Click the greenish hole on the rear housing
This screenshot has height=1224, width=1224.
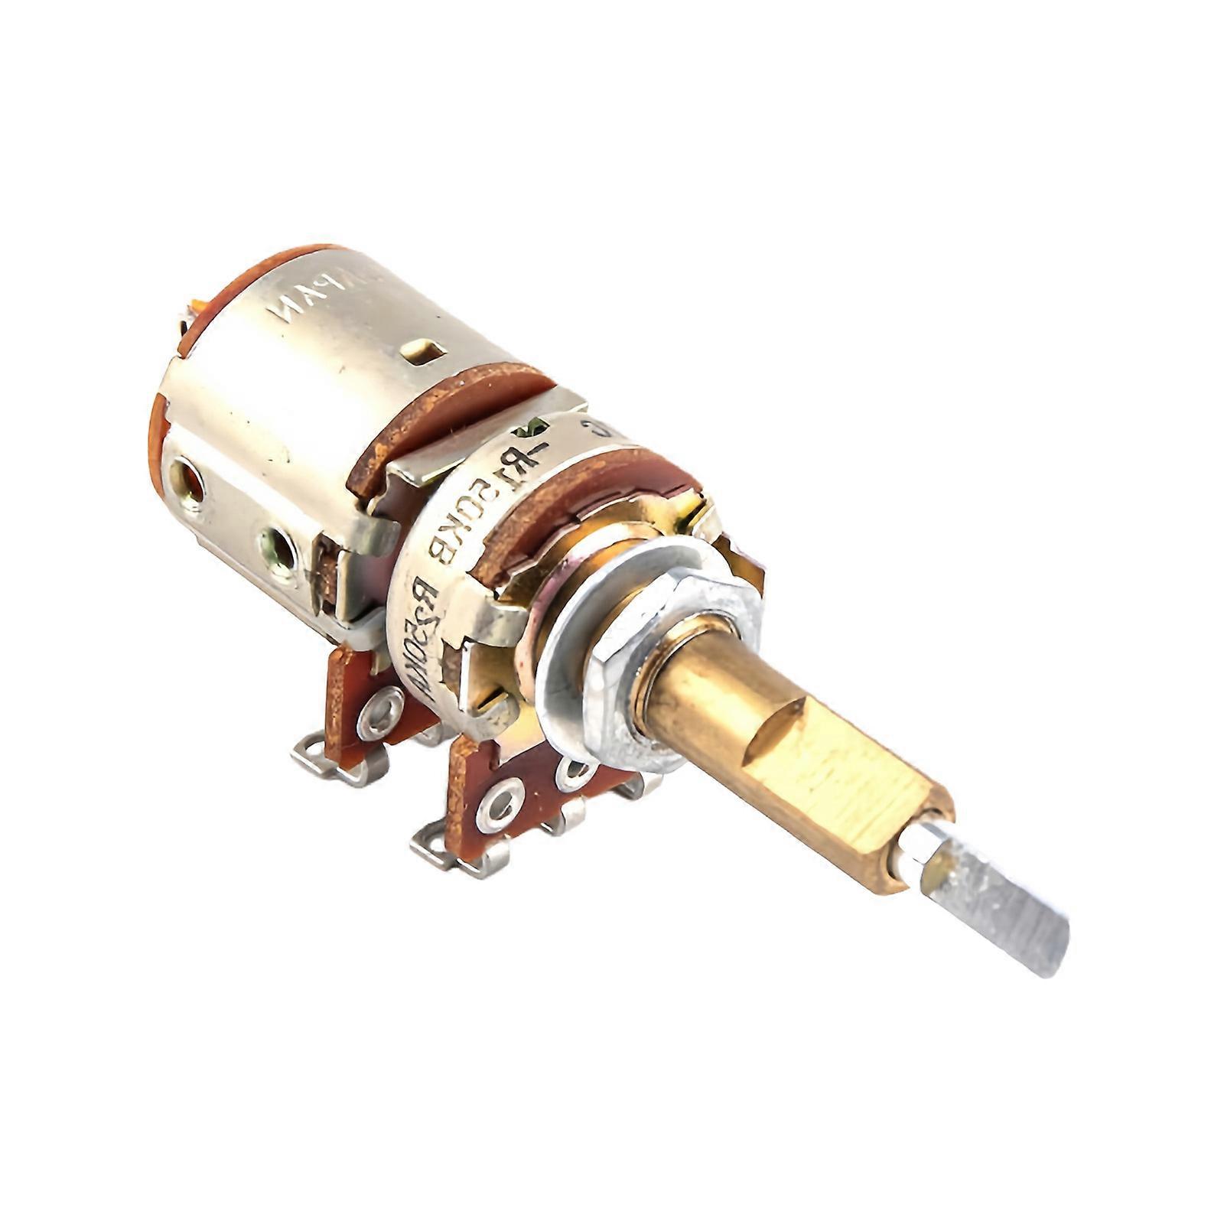[278, 546]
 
